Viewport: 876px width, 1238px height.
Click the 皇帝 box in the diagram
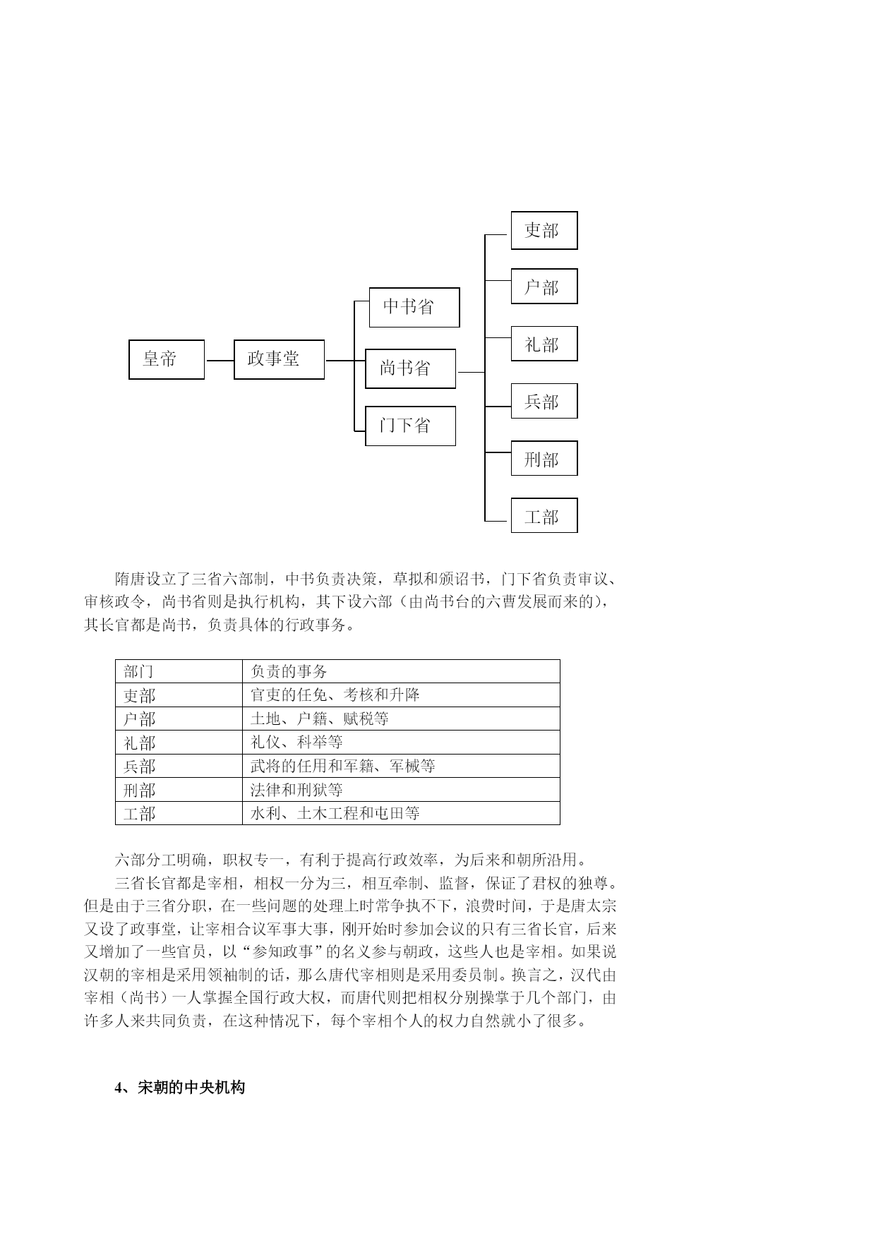tap(167, 359)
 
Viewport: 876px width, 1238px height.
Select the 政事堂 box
tap(279, 359)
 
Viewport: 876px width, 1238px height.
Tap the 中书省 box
tap(414, 307)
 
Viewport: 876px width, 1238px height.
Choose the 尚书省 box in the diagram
tap(410, 368)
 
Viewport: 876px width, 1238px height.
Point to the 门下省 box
tap(410, 426)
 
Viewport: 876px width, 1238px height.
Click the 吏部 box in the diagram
tap(544, 230)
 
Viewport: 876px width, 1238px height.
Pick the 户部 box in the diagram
tap(544, 286)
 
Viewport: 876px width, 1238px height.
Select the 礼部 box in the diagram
tap(544, 344)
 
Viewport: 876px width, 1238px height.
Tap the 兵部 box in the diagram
tap(544, 401)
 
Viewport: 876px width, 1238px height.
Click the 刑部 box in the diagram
tap(544, 458)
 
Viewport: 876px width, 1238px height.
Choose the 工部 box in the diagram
tap(544, 515)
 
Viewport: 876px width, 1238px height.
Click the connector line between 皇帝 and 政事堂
tap(220, 360)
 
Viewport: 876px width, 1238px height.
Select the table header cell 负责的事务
tap(401, 671)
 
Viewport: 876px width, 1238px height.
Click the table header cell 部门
tap(179, 671)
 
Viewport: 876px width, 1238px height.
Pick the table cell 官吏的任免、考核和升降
tap(401, 695)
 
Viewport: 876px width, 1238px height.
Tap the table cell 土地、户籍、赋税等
tap(401, 719)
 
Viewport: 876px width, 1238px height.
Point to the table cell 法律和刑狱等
tap(401, 789)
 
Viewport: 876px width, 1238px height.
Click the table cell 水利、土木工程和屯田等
tap(401, 813)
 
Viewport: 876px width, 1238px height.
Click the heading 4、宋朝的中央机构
tap(180, 1087)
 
